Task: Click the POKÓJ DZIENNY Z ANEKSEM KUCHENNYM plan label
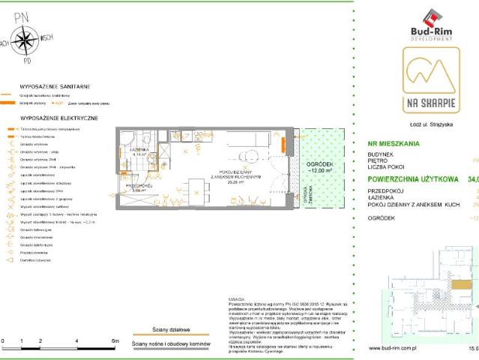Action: [235, 174]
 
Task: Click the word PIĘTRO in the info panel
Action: [380, 160]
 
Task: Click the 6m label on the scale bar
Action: [114, 341]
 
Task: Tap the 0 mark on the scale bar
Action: [3, 341]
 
